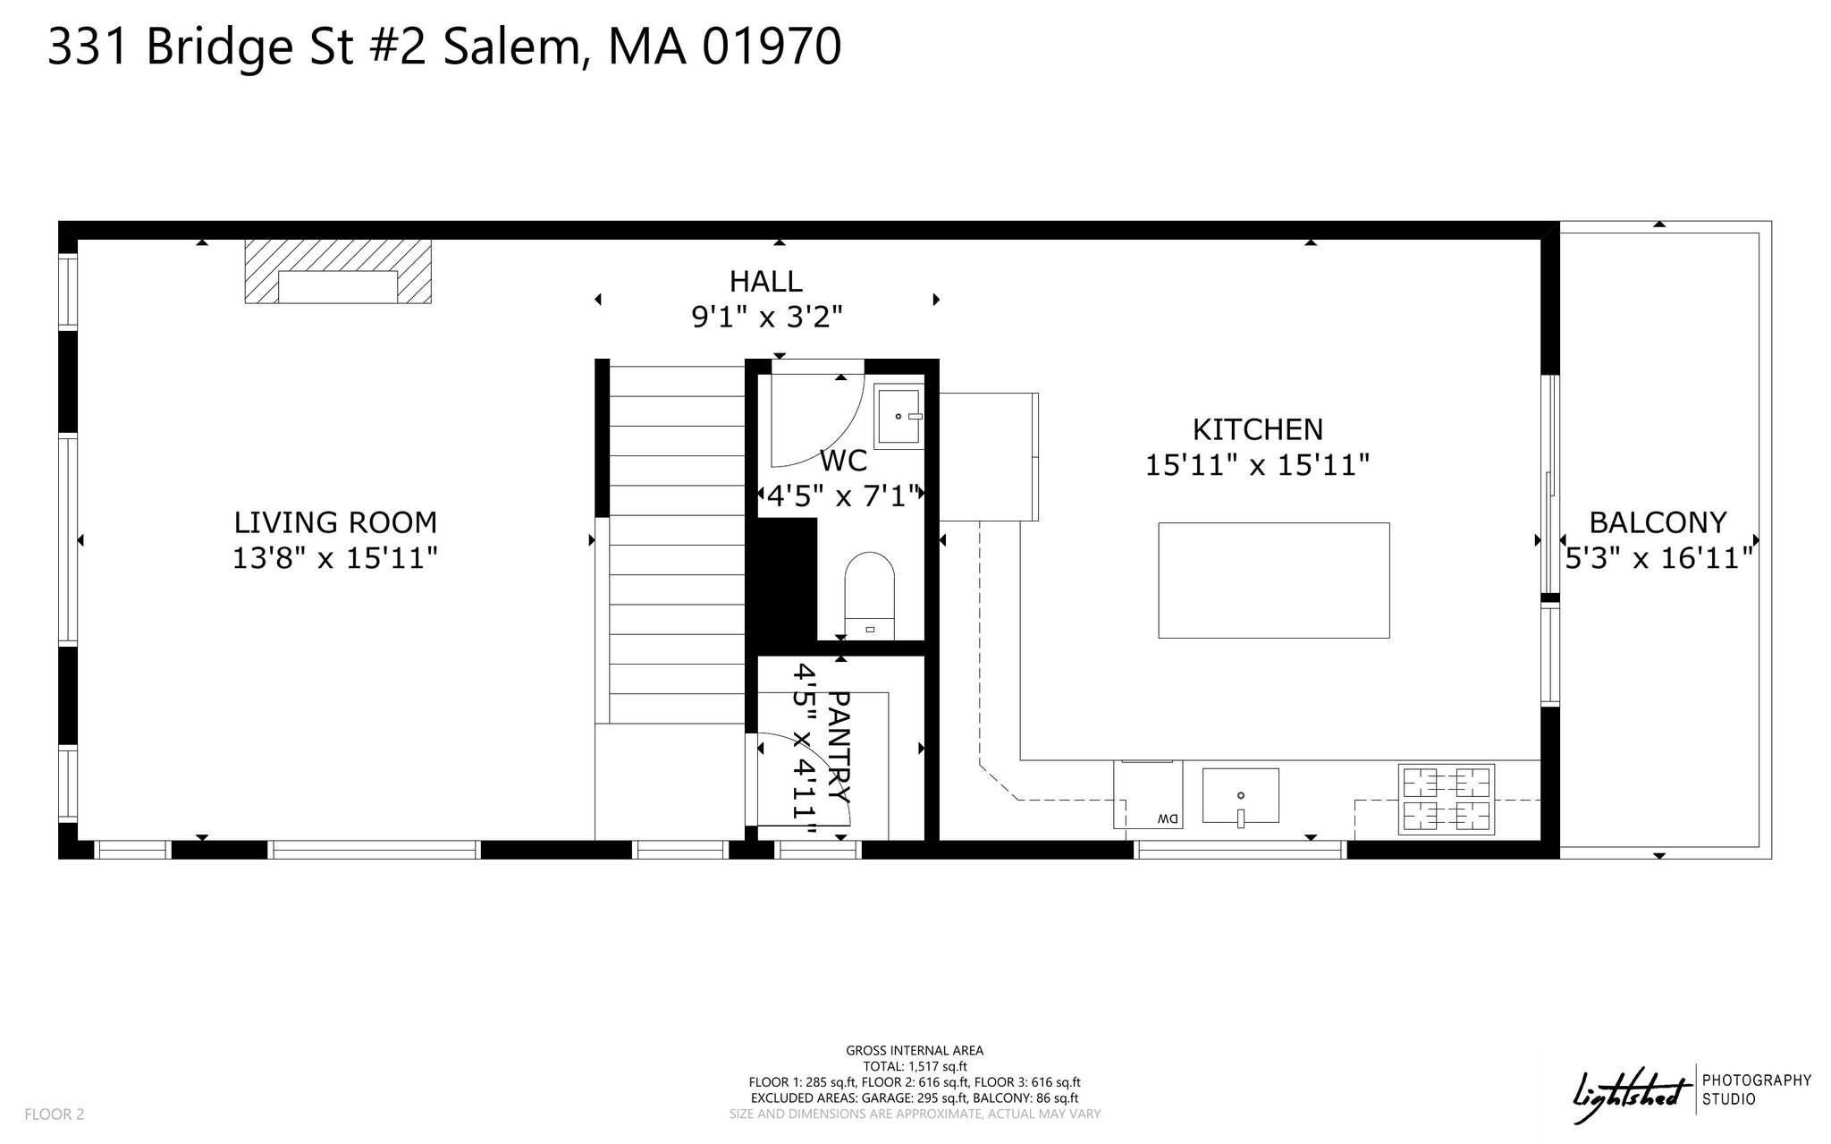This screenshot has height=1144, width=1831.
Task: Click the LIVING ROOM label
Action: pyautogui.click(x=335, y=522)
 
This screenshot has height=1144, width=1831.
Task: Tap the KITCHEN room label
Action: pyautogui.click(x=1258, y=429)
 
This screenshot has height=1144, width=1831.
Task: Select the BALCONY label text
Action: pyautogui.click(x=1658, y=522)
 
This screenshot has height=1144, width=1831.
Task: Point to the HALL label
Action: pyautogui.click(x=766, y=281)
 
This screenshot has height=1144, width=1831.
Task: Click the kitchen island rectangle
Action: pyautogui.click(x=1274, y=580)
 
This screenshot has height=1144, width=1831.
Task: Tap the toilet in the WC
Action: pyautogui.click(x=870, y=596)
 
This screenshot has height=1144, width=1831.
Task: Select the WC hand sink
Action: pyautogui.click(x=899, y=416)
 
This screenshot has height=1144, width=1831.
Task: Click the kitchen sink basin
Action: pyautogui.click(x=1240, y=795)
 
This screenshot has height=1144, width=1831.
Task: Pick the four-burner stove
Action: pyautogui.click(x=1447, y=799)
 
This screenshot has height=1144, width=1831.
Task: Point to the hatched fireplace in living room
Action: pyautogui.click(x=338, y=271)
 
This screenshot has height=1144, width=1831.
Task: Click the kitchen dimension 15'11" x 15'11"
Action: pyautogui.click(x=1258, y=465)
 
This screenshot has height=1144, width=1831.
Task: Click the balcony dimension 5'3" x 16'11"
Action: pyautogui.click(x=1658, y=558)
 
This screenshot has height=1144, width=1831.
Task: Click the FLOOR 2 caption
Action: pyautogui.click(x=55, y=1114)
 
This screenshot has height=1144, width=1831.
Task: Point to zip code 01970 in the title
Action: pyautogui.click(x=772, y=47)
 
